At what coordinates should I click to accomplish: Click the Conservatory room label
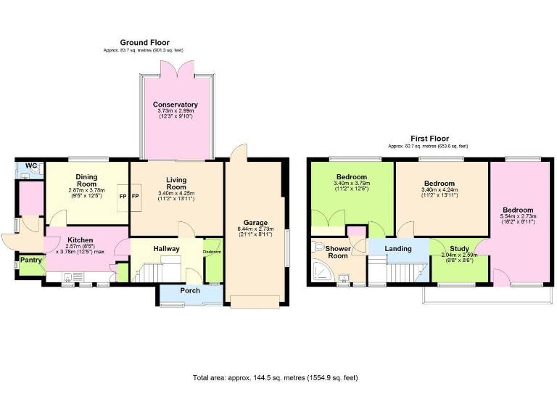click(175, 104)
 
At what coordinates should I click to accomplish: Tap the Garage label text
click(255, 222)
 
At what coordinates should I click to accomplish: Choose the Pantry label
click(30, 260)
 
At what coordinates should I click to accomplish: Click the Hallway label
click(166, 249)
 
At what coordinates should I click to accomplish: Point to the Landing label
click(397, 249)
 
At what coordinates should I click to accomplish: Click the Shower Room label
click(338, 251)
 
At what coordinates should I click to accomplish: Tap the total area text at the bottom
click(275, 378)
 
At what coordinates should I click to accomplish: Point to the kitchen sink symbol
click(68, 276)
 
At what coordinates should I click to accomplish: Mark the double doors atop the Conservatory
click(175, 71)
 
